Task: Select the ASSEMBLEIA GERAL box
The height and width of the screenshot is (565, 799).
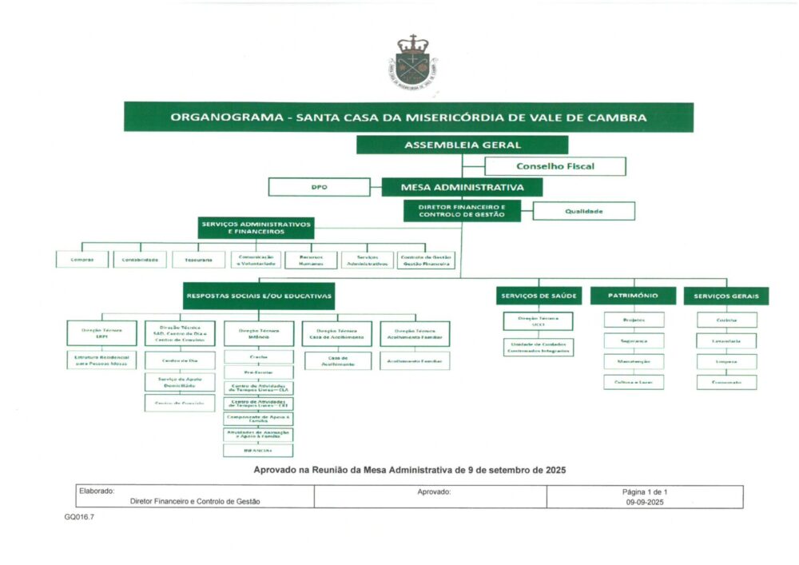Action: [462, 145]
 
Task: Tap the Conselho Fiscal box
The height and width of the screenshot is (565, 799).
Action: [555, 166]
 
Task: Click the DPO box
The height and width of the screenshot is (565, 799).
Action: [319, 187]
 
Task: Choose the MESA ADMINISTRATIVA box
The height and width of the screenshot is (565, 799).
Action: [463, 187]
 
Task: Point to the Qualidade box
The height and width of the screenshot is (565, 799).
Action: [583, 211]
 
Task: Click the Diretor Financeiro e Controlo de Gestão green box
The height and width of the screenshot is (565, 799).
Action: [462, 211]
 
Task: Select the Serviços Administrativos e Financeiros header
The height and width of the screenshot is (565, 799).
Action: [256, 228]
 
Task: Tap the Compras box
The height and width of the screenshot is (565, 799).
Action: [82, 260]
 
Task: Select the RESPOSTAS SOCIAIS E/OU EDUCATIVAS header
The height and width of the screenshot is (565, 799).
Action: [258, 296]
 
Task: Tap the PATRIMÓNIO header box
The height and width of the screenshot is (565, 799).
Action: [634, 296]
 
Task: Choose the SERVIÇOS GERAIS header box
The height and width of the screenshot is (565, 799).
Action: [725, 296]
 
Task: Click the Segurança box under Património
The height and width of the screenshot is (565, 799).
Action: [634, 340]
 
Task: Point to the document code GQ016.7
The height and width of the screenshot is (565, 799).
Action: [80, 517]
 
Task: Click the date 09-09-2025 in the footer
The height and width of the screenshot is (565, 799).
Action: [645, 503]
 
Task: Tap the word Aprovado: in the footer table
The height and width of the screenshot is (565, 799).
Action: [434, 491]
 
